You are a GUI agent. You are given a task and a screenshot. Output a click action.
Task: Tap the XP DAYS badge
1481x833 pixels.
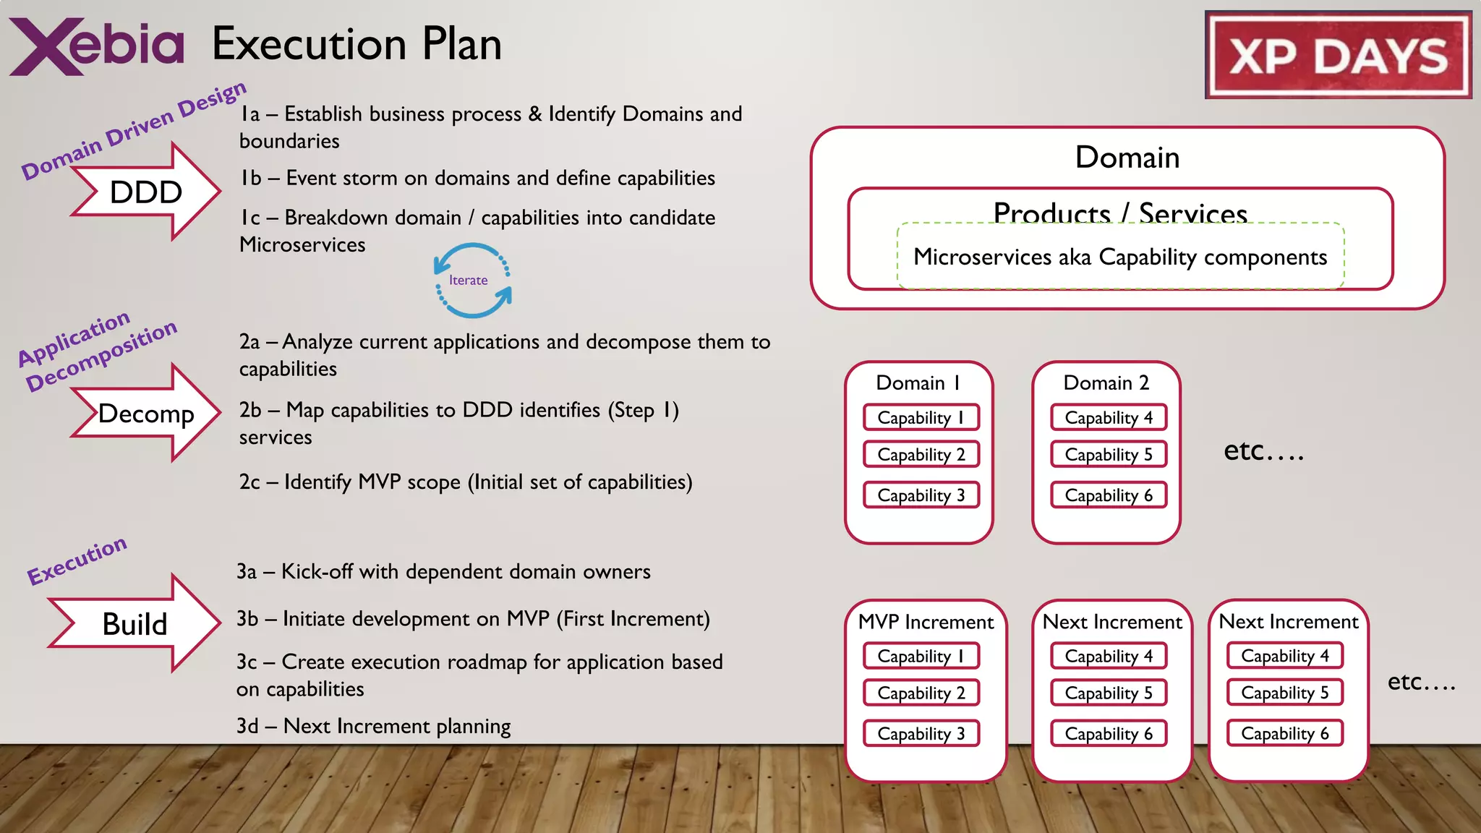1338,56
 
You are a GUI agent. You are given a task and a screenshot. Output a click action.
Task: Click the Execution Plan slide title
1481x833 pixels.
357,44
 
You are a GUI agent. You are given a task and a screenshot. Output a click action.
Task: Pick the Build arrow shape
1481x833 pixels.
135,623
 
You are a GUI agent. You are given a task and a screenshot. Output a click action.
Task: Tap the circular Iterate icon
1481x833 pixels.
472,281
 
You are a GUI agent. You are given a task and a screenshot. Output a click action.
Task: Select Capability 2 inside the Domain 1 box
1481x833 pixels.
921,454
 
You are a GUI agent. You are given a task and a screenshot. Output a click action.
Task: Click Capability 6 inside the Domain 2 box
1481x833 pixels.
1109,495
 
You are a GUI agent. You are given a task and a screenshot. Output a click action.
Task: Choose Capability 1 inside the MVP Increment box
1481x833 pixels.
921,656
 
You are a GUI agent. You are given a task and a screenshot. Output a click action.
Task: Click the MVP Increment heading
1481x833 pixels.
926,622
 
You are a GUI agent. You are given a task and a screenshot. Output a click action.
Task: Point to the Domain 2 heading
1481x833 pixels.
1106,383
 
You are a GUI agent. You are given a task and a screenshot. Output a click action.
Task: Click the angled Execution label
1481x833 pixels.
77,560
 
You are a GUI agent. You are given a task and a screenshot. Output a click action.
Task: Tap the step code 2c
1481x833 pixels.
249,482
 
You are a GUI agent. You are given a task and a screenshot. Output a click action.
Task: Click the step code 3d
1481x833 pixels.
247,726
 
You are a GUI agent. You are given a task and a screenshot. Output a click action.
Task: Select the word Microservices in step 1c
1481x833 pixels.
302,245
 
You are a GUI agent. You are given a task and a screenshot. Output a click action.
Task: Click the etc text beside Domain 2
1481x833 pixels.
1263,451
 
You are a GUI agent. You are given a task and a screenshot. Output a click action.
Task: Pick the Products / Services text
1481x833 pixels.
1120,213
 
